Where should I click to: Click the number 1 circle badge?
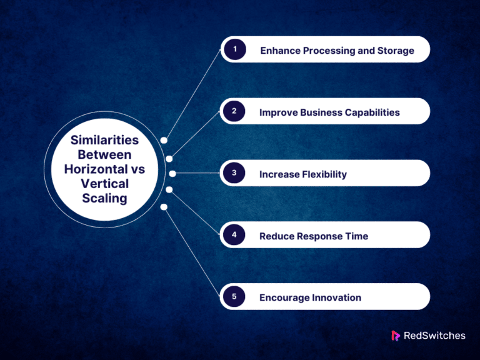click(x=234, y=49)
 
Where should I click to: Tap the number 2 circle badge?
click(x=234, y=111)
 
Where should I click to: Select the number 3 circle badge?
click(x=234, y=173)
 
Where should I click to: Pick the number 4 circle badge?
click(x=234, y=235)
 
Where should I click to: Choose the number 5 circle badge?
click(x=234, y=296)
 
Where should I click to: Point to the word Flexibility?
click(x=324, y=174)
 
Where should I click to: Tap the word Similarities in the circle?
click(x=104, y=140)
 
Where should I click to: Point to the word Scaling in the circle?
click(x=104, y=198)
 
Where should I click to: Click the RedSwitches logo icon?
click(x=396, y=336)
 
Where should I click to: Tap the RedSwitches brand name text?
click(x=435, y=336)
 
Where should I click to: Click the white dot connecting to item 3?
click(x=172, y=174)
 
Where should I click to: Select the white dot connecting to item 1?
click(x=164, y=140)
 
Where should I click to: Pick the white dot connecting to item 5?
click(x=164, y=206)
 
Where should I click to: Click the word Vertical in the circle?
click(x=104, y=184)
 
